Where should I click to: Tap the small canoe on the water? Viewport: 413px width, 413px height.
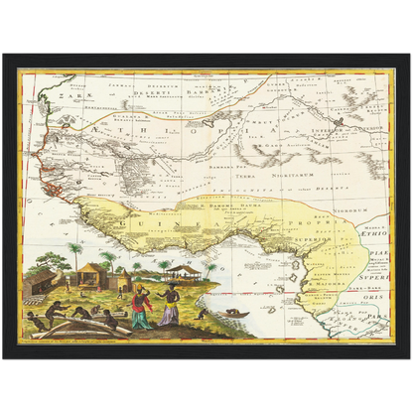coord(235,315)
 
